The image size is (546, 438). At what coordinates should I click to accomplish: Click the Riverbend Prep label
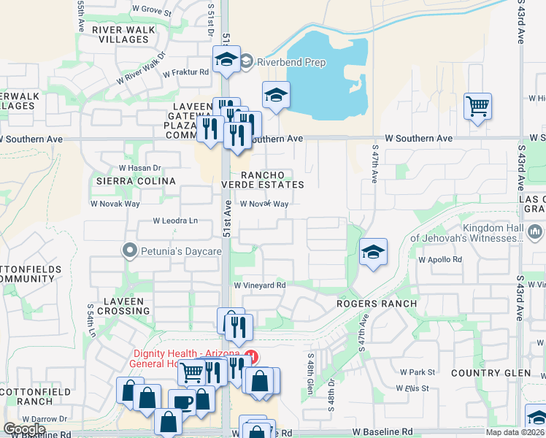pyautogui.click(x=291, y=62)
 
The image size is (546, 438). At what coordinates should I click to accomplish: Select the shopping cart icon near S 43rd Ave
pyautogui.click(x=477, y=107)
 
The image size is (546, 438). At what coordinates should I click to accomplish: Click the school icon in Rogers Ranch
pyautogui.click(x=373, y=253)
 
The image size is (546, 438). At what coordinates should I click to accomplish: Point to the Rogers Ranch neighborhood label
pyautogui.click(x=377, y=303)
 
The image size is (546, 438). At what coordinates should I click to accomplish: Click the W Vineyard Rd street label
pyautogui.click(x=258, y=285)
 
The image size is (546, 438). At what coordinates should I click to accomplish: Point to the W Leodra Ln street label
pyautogui.click(x=175, y=220)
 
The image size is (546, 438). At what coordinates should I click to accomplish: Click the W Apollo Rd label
pyautogui.click(x=440, y=259)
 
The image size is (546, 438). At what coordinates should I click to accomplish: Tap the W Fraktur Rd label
pyautogui.click(x=185, y=72)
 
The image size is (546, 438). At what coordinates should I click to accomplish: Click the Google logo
pyautogui.click(x=24, y=429)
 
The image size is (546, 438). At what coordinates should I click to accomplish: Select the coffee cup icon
pyautogui.click(x=181, y=401)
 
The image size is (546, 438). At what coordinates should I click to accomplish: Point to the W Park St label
pyautogui.click(x=417, y=372)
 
